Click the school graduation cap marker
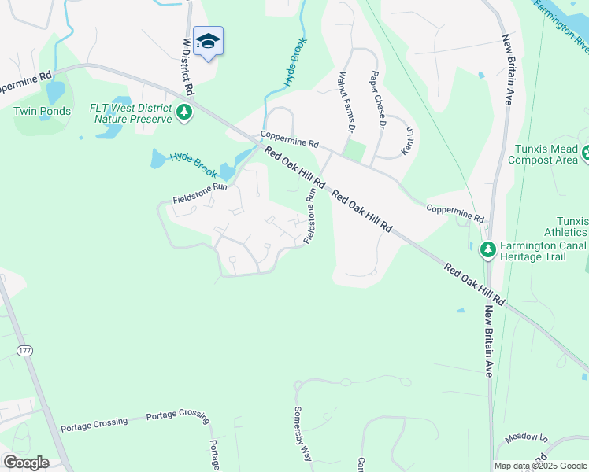pos(208,41)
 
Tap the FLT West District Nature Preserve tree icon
pos(184,112)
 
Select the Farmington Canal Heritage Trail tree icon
pos(488,249)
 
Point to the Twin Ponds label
pos(42,111)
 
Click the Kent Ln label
pos(407,140)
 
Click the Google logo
pos(26,463)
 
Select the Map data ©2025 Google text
pos(540,466)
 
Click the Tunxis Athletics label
pos(565,227)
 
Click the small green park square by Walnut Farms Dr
pos(356,151)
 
